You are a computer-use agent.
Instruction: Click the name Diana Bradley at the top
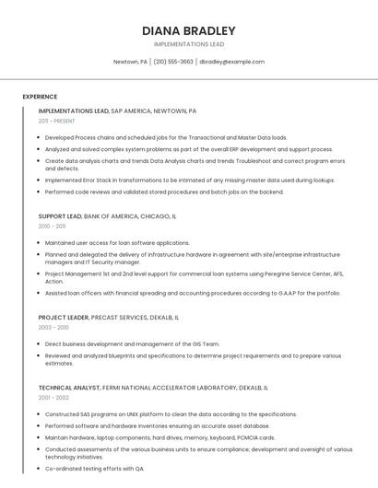[189, 30]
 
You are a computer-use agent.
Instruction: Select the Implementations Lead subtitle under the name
[189, 44]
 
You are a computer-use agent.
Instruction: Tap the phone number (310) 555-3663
[172, 62]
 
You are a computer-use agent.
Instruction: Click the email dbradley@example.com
[232, 62]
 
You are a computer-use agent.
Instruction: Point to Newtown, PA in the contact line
[130, 62]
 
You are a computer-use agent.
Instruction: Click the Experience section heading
[40, 97]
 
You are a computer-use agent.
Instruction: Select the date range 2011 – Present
[56, 121]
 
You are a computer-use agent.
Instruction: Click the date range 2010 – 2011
[52, 226]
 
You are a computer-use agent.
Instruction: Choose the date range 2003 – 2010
[53, 327]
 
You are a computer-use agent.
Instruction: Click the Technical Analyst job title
[68, 388]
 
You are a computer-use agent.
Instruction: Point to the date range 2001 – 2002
[53, 398]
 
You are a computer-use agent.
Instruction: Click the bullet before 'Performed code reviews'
[40, 192]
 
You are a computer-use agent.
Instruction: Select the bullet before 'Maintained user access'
[40, 243]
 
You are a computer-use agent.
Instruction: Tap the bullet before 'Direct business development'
[40, 343]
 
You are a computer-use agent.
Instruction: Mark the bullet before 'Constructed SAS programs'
[40, 414]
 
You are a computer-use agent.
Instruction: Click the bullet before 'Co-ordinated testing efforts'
[40, 469]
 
